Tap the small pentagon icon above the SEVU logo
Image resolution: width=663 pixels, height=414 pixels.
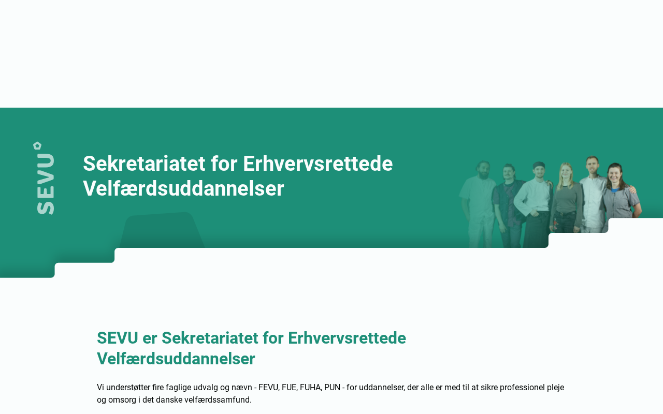[37, 145]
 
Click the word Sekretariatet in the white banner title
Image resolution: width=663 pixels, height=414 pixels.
[144, 164]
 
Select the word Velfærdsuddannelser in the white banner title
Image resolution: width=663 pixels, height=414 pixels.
[183, 189]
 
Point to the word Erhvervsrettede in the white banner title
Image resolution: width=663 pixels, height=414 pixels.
[318, 164]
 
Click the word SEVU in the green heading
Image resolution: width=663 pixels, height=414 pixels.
[118, 338]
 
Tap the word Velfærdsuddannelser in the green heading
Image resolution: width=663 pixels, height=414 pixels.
[176, 359]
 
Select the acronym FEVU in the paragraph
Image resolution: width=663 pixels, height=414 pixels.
[269, 388]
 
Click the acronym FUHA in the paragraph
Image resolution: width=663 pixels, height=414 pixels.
[311, 388]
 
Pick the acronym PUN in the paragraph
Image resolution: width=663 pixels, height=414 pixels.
[332, 388]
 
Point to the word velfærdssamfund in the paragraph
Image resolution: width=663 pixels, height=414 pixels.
[218, 400]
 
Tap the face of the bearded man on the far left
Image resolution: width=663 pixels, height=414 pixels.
[483, 171]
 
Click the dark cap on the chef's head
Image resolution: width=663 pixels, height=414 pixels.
[539, 165]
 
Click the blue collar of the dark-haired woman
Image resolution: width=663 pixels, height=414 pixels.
[616, 190]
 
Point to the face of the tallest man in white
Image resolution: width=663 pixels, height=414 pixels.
[592, 166]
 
